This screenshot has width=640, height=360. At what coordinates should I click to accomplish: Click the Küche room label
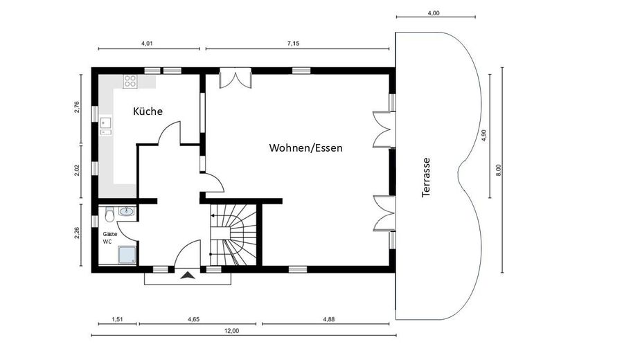coord(148,111)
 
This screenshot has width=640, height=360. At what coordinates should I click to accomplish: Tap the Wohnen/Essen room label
coord(305,147)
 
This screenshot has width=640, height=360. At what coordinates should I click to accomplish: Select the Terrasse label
coord(426,177)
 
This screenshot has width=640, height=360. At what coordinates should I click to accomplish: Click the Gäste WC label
coord(110,237)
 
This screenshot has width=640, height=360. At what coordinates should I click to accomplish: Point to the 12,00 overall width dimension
coord(231,330)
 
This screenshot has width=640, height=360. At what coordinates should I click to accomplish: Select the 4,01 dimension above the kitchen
coord(147,43)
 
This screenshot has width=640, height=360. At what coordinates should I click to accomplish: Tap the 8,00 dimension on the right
coord(497,170)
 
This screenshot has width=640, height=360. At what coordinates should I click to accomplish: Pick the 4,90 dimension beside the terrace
coord(484,136)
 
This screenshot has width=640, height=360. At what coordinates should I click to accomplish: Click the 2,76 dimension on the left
coord(77,107)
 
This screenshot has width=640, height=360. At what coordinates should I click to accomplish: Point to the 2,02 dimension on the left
coord(77,170)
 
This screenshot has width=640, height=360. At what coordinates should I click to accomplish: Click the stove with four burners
coord(130,81)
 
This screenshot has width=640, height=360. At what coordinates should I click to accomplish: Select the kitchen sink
coord(106,125)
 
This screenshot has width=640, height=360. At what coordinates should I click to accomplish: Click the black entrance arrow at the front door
coord(187,276)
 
